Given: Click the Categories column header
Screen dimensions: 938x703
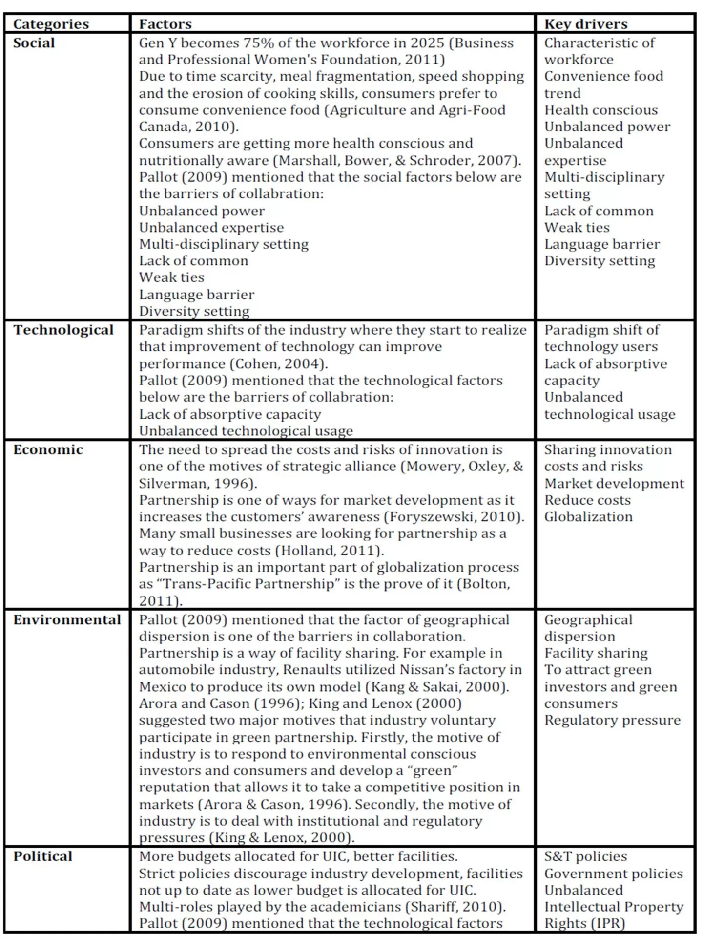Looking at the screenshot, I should [x=51, y=24].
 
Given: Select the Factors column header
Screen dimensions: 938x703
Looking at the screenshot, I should [x=165, y=24].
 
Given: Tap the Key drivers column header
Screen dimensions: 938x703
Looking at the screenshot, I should [x=585, y=24].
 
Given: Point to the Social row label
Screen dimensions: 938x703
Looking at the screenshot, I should [x=34, y=43].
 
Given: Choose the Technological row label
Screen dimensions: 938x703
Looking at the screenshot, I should [x=63, y=330].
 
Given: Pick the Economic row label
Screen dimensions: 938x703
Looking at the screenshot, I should [x=48, y=450].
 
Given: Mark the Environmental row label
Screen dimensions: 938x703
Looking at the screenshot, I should [x=67, y=620].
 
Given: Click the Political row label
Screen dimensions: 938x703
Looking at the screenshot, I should [x=42, y=856].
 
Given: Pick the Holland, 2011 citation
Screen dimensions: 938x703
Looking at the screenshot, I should [x=329, y=551].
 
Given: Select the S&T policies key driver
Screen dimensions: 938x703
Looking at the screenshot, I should [x=585, y=856].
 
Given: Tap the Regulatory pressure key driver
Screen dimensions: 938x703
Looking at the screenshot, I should [x=612, y=720].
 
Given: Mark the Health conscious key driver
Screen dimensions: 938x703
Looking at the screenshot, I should [x=601, y=110].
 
